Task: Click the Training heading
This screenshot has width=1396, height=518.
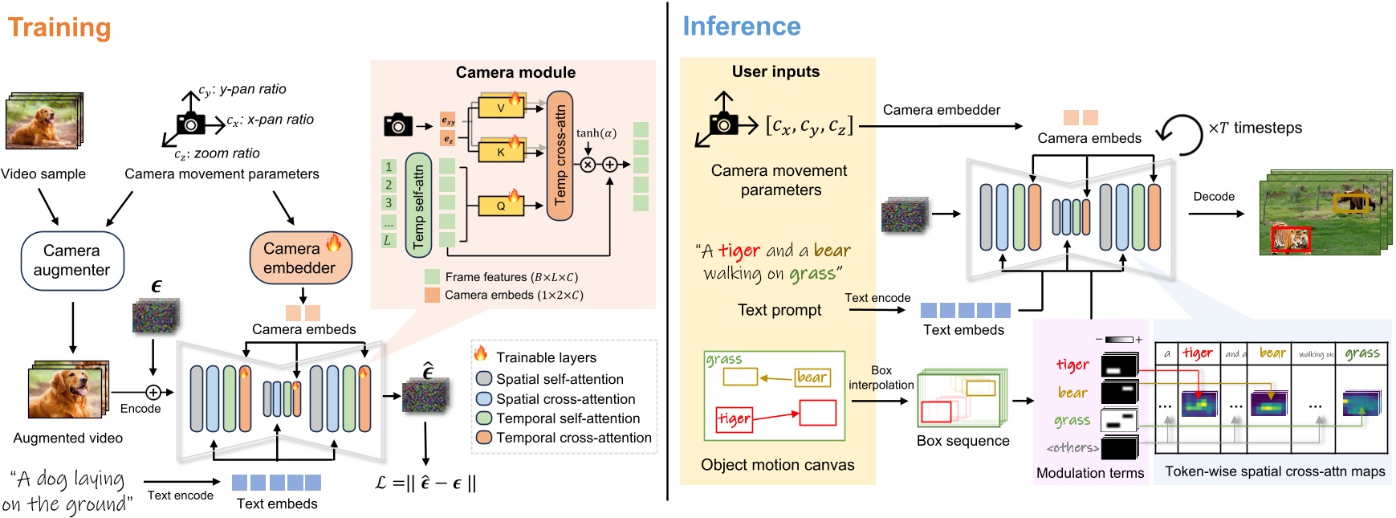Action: (59, 27)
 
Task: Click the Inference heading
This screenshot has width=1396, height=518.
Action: (741, 27)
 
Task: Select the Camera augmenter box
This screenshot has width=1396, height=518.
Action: (71, 260)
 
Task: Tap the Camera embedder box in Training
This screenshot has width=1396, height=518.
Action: (300, 258)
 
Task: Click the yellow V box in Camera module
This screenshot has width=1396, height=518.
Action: (501, 107)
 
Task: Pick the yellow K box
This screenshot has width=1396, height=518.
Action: (501, 151)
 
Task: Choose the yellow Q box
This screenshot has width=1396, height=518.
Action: (501, 206)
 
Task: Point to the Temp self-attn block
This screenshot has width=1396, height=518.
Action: (418, 206)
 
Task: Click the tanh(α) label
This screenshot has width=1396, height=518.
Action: (596, 133)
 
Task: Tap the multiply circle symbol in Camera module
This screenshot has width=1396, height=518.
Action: (588, 165)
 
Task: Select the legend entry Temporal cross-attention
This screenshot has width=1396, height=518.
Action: (572, 438)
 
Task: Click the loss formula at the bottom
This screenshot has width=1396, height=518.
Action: (426, 483)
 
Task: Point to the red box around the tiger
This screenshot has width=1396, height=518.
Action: (1290, 239)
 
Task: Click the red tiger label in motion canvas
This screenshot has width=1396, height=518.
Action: (734, 419)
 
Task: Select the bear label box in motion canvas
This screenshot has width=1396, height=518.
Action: (812, 377)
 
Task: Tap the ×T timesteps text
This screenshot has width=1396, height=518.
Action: (1255, 128)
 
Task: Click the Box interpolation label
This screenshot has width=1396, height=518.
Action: (881, 377)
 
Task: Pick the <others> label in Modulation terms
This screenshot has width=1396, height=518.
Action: (1072, 448)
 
